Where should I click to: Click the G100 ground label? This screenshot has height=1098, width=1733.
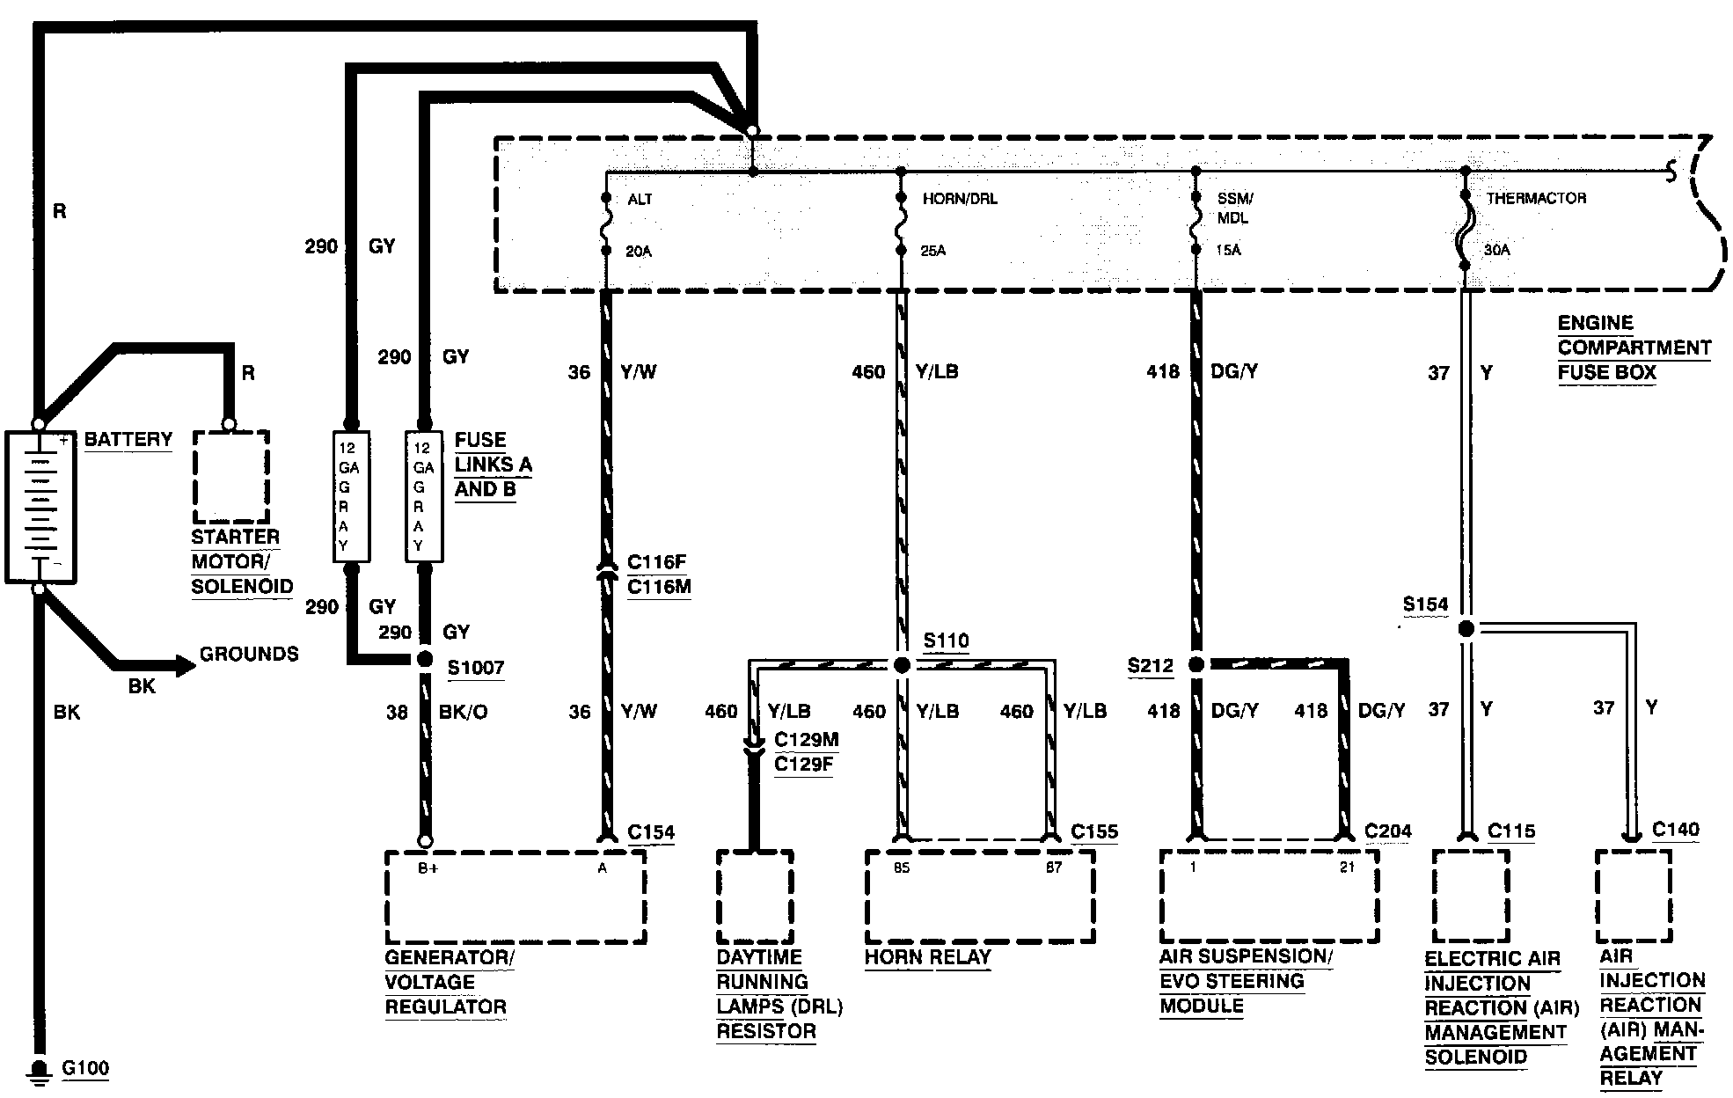(85, 1069)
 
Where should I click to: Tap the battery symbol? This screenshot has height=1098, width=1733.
(40, 507)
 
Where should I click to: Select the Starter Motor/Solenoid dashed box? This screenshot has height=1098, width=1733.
(230, 476)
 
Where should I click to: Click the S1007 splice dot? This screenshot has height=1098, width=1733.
(424, 659)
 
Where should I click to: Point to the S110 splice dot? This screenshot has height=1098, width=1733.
(901, 665)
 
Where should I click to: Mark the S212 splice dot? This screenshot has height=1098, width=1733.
(1196, 664)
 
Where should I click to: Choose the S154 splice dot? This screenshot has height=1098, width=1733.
(1466, 629)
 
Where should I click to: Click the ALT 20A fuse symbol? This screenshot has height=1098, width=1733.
(606, 225)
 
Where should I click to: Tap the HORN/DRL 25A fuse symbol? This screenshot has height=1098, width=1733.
(901, 225)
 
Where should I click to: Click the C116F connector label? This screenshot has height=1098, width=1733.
(656, 562)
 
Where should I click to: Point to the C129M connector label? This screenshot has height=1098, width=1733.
(806, 741)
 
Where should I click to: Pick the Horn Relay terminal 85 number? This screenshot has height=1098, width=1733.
(901, 867)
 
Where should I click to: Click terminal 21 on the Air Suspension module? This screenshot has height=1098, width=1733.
(1347, 867)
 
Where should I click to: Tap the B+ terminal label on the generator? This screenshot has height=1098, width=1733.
(428, 867)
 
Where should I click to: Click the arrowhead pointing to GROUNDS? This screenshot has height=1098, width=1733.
(186, 666)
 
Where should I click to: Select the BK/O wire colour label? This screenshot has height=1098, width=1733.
(463, 712)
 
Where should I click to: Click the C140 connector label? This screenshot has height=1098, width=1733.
(1675, 830)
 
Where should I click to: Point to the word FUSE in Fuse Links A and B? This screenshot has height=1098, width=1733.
(480, 440)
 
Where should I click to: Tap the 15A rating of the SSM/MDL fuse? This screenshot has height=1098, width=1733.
(1228, 251)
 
